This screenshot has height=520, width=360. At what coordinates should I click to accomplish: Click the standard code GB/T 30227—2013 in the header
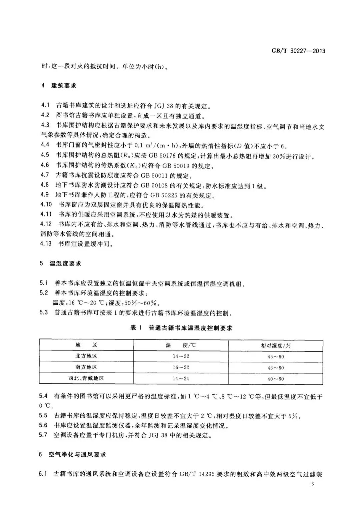pos(298,51)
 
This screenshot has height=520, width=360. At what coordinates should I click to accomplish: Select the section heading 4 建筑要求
pos(58,86)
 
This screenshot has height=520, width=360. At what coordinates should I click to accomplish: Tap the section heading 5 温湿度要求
pos(60,263)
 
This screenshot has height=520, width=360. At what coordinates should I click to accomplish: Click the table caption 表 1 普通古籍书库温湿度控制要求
pos(181,328)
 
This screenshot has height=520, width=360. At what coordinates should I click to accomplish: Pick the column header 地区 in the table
pos(86,345)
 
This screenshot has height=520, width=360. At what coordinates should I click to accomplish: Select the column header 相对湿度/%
pos(276,345)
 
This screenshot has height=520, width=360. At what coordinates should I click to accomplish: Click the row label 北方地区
pos(86,356)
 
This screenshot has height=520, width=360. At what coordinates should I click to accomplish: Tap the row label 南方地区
pos(86,367)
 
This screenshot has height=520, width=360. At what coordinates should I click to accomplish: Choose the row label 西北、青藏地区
pos(86,378)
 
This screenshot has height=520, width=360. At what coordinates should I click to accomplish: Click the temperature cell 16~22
pos(181,367)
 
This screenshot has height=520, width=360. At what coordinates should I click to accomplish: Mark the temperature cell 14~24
pos(181,379)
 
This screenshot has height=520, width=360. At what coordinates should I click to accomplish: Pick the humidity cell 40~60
pos(276,379)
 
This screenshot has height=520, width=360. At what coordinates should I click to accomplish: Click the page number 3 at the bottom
pos(312,484)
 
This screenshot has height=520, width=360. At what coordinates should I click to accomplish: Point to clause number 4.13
pos(46,244)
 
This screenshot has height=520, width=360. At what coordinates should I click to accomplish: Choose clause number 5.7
pos(43,435)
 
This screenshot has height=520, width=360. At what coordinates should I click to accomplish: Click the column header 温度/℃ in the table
pos(181,345)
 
